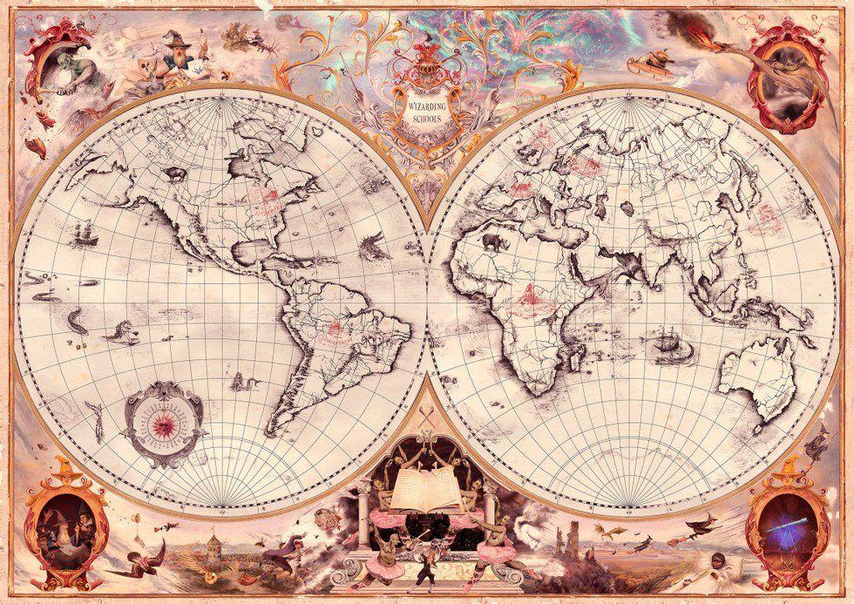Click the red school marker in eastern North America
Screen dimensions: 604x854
tap(262, 202)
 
